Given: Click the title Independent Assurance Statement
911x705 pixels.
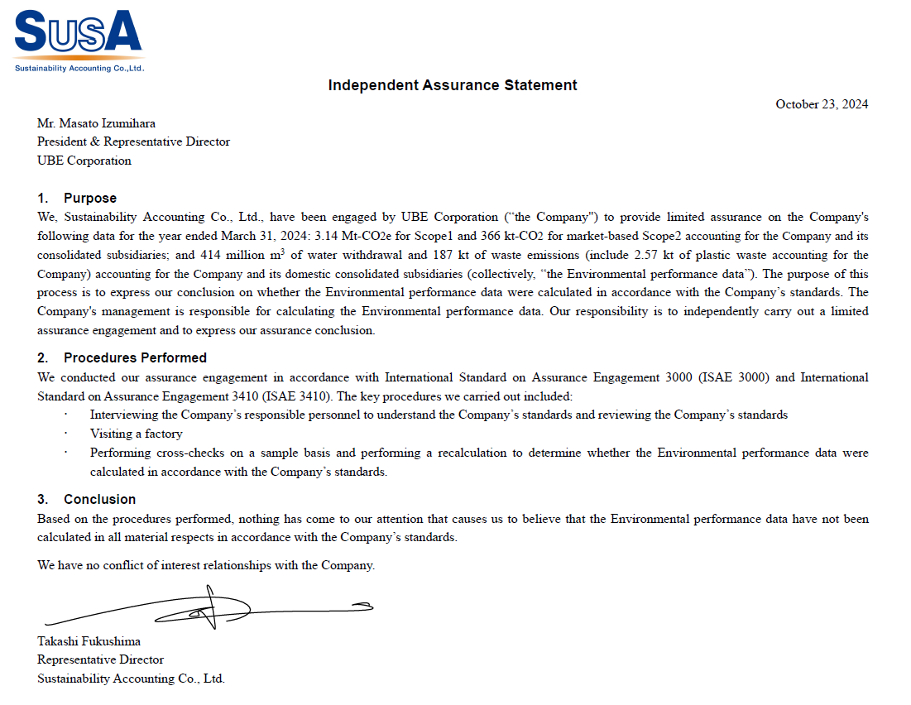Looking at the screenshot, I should [x=453, y=85].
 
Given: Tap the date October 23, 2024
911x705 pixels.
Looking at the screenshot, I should [x=821, y=104].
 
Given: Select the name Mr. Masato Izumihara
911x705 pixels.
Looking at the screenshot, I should [x=96, y=123].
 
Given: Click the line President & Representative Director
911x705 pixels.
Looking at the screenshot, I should [x=133, y=141].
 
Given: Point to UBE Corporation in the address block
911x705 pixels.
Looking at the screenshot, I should [x=84, y=161].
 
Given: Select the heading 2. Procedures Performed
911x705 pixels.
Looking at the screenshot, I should [x=122, y=358].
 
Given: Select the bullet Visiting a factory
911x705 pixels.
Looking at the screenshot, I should [x=136, y=434].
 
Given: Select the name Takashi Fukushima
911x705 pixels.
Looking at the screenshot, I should [x=89, y=641].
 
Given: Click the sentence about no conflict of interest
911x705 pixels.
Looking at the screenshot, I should [x=206, y=565].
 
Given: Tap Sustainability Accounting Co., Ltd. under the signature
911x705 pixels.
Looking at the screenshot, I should [x=131, y=679].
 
